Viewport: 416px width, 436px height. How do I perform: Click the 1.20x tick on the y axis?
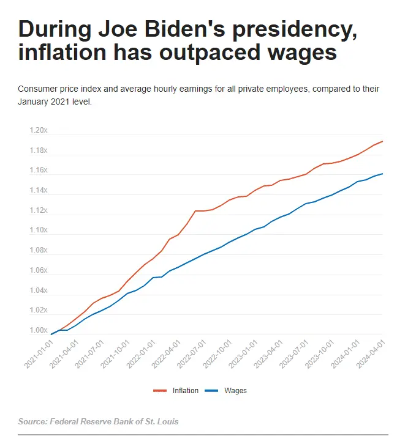tap(38, 130)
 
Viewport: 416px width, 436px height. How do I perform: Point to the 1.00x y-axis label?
tap(38, 331)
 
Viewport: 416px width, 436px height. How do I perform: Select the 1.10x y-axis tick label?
tap(38, 231)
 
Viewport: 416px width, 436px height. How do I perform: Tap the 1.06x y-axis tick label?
tap(38, 271)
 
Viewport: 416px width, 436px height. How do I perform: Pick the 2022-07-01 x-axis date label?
tap(192, 354)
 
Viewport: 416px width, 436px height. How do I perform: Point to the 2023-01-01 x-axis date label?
tap(243, 354)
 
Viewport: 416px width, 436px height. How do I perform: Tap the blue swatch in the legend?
tap(212, 390)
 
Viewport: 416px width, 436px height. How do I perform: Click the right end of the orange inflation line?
tap(383, 141)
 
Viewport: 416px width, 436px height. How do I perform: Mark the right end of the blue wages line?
tap(383, 174)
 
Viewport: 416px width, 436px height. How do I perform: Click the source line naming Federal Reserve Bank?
tap(99, 422)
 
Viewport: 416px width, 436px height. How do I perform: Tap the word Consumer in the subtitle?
tap(36, 89)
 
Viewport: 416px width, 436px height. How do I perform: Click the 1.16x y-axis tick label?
tap(38, 171)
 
